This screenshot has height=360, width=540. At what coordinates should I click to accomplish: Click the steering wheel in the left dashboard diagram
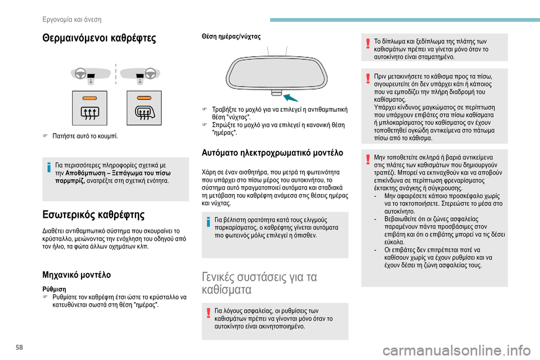coord(80,74)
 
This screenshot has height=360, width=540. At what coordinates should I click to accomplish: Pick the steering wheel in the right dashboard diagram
coord(150,74)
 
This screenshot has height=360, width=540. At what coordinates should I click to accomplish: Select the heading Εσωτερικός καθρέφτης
coord(93,215)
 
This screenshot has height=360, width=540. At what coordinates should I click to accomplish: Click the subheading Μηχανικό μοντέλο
coord(76,275)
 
